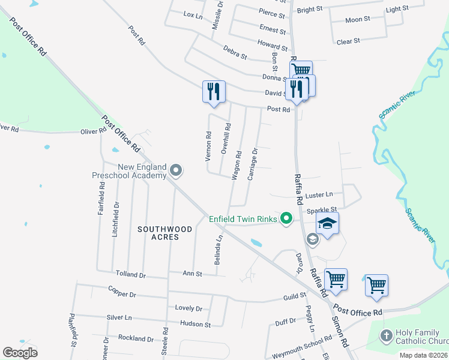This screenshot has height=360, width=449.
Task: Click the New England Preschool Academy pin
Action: point(176,171)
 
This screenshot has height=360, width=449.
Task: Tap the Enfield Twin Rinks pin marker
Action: point(286,218)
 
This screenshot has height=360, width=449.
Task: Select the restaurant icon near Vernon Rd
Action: point(214,92)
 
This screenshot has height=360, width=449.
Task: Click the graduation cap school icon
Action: point(327,224)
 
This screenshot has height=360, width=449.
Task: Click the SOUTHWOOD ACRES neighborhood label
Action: point(164,233)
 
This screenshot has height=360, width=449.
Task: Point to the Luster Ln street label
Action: point(320,195)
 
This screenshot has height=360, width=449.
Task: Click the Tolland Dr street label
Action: point(131,274)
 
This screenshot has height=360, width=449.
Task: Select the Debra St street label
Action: point(235,52)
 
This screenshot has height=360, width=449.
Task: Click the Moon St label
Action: point(358,20)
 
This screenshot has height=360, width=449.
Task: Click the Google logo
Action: point(20,353)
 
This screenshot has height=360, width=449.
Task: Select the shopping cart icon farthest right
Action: point(376,285)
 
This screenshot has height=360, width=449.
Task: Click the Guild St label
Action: point(295,296)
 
